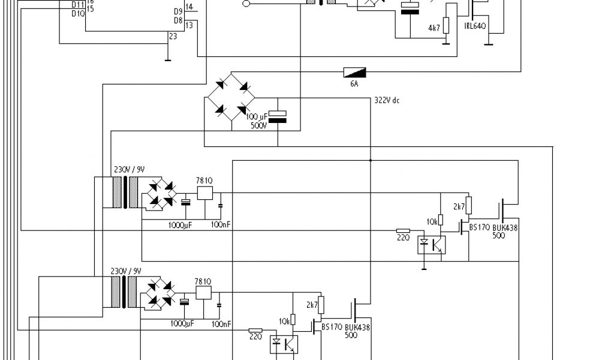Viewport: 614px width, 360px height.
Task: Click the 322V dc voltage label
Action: (x=387, y=100)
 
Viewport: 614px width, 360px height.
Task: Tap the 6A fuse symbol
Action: (x=354, y=73)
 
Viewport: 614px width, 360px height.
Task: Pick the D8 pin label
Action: (x=177, y=20)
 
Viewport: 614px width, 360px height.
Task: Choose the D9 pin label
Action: (x=177, y=11)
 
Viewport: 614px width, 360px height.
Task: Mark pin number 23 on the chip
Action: (x=173, y=37)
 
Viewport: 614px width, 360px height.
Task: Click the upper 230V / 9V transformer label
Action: (x=128, y=170)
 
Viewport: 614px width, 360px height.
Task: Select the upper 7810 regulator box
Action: (x=204, y=193)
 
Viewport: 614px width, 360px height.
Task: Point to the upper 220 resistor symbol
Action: (x=403, y=230)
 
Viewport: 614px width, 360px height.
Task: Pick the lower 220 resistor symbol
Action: (x=255, y=330)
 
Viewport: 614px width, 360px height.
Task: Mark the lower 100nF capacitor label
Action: (x=221, y=324)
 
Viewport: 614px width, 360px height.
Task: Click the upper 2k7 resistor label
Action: (x=459, y=207)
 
